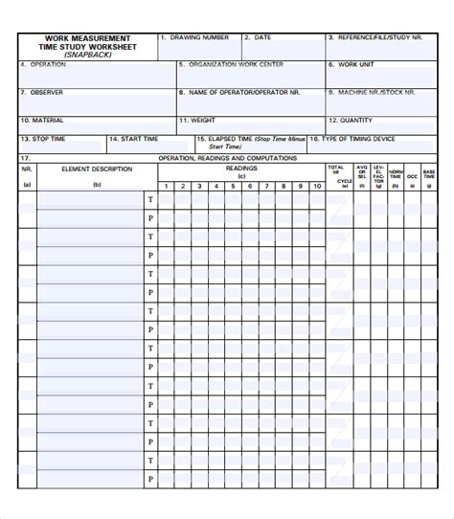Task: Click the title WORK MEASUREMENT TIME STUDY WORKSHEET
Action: pyautogui.click(x=88, y=42)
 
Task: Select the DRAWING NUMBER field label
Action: pyautogui.click(x=199, y=37)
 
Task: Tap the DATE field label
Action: pyautogui.click(x=262, y=37)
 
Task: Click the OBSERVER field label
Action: pyautogui.click(x=48, y=93)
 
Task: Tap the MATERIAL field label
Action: pyautogui.click(x=47, y=121)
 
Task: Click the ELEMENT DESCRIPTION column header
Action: pyautogui.click(x=96, y=169)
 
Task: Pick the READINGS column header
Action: pyautogui.click(x=241, y=168)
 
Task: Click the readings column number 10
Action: pyautogui.click(x=317, y=186)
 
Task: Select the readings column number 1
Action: pyautogui.click(x=166, y=186)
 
